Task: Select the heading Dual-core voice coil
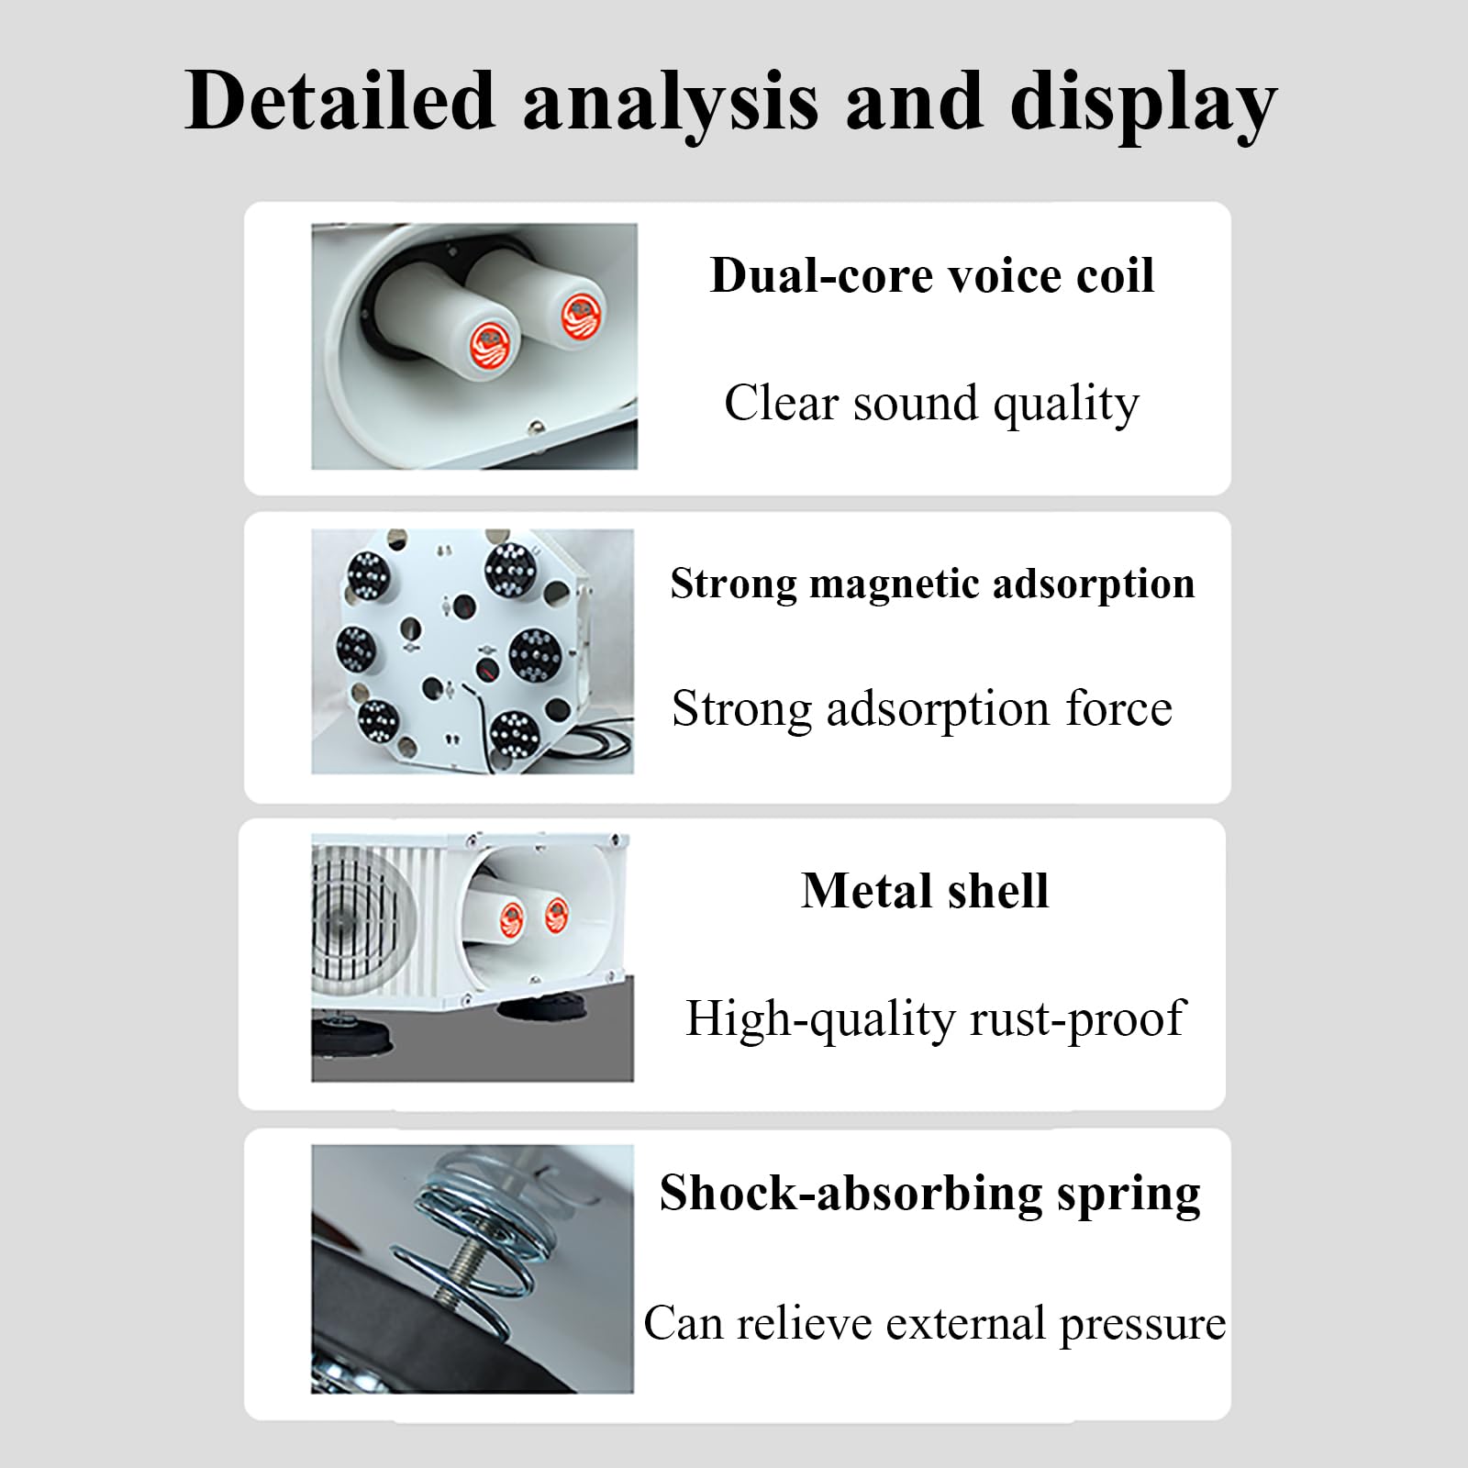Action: pyautogui.click(x=932, y=274)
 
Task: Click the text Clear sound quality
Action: pyautogui.click(x=931, y=404)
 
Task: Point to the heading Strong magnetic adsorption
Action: pyautogui.click(x=932, y=584)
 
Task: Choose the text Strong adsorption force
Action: pyautogui.click(x=922, y=709)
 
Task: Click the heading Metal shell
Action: pyautogui.click(x=925, y=890)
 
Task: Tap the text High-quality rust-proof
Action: pyautogui.click(x=935, y=1019)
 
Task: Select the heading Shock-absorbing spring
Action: pyautogui.click(x=929, y=1195)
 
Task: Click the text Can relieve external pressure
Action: pyautogui.click(x=934, y=1324)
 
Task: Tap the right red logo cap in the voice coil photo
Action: pyautogui.click(x=583, y=317)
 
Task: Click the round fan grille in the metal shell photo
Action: pyautogui.click(x=361, y=917)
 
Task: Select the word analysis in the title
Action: pyautogui.click(x=670, y=103)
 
